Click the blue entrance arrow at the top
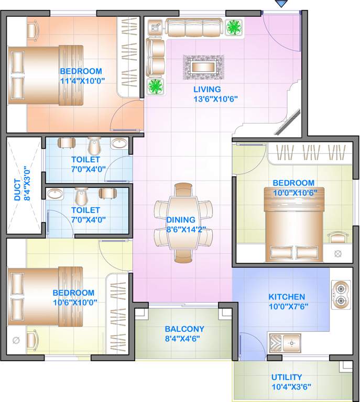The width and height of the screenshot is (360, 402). (x=282, y=4)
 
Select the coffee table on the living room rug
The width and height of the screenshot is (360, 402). (x=203, y=66)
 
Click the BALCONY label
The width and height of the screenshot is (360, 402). (x=184, y=329)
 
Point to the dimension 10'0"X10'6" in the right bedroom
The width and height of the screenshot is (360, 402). (x=293, y=192)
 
